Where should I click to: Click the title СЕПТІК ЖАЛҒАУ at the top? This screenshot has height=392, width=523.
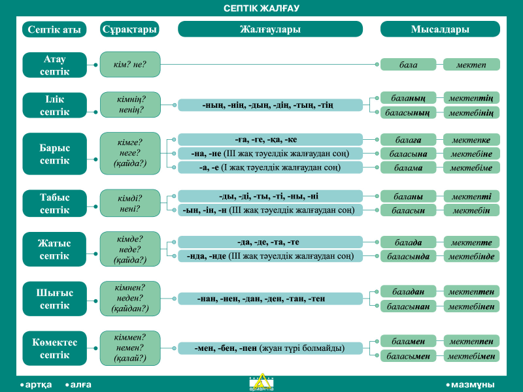[261, 8]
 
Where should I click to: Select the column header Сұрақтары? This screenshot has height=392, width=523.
[129, 29]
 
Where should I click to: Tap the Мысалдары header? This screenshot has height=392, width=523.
[440, 29]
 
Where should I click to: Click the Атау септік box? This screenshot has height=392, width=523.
[55, 65]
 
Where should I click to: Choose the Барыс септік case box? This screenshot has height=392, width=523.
[55, 154]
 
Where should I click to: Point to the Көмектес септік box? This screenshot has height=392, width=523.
[55, 348]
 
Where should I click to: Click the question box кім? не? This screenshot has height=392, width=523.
[130, 64]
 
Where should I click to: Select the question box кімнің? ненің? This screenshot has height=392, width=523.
[130, 105]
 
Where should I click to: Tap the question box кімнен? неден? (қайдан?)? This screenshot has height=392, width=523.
[130, 299]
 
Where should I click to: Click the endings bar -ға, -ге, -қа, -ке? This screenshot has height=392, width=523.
[270, 140]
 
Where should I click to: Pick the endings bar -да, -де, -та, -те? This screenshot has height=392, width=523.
[270, 242]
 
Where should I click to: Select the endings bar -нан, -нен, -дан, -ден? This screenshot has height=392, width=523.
[270, 299]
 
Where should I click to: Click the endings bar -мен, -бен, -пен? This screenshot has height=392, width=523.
[270, 348]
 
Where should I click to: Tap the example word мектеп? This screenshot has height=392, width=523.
[471, 65]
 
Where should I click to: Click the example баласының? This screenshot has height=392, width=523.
[408, 112]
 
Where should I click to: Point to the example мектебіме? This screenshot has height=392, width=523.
[471, 168]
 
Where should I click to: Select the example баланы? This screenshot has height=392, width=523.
[408, 197]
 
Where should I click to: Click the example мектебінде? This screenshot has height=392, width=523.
[471, 256]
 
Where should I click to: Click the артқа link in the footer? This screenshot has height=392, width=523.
[36, 385]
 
